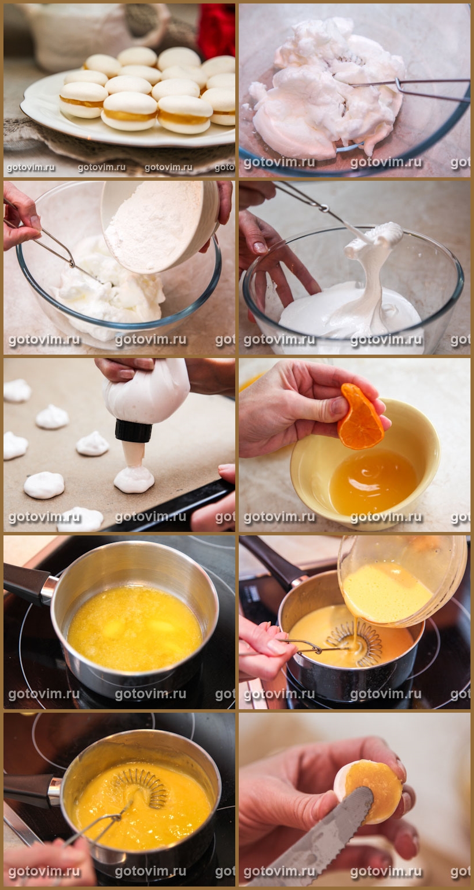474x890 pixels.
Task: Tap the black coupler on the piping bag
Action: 133,431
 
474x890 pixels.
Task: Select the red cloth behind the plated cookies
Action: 217,30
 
